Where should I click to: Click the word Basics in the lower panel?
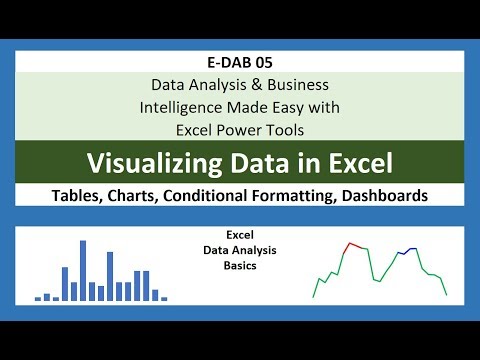pyautogui.click(x=239, y=267)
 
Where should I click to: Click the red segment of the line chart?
pyautogui.click(x=353, y=245)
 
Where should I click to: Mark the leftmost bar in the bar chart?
pyautogui.click(x=38, y=298)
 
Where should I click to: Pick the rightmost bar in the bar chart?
pyautogui.click(x=164, y=298)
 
